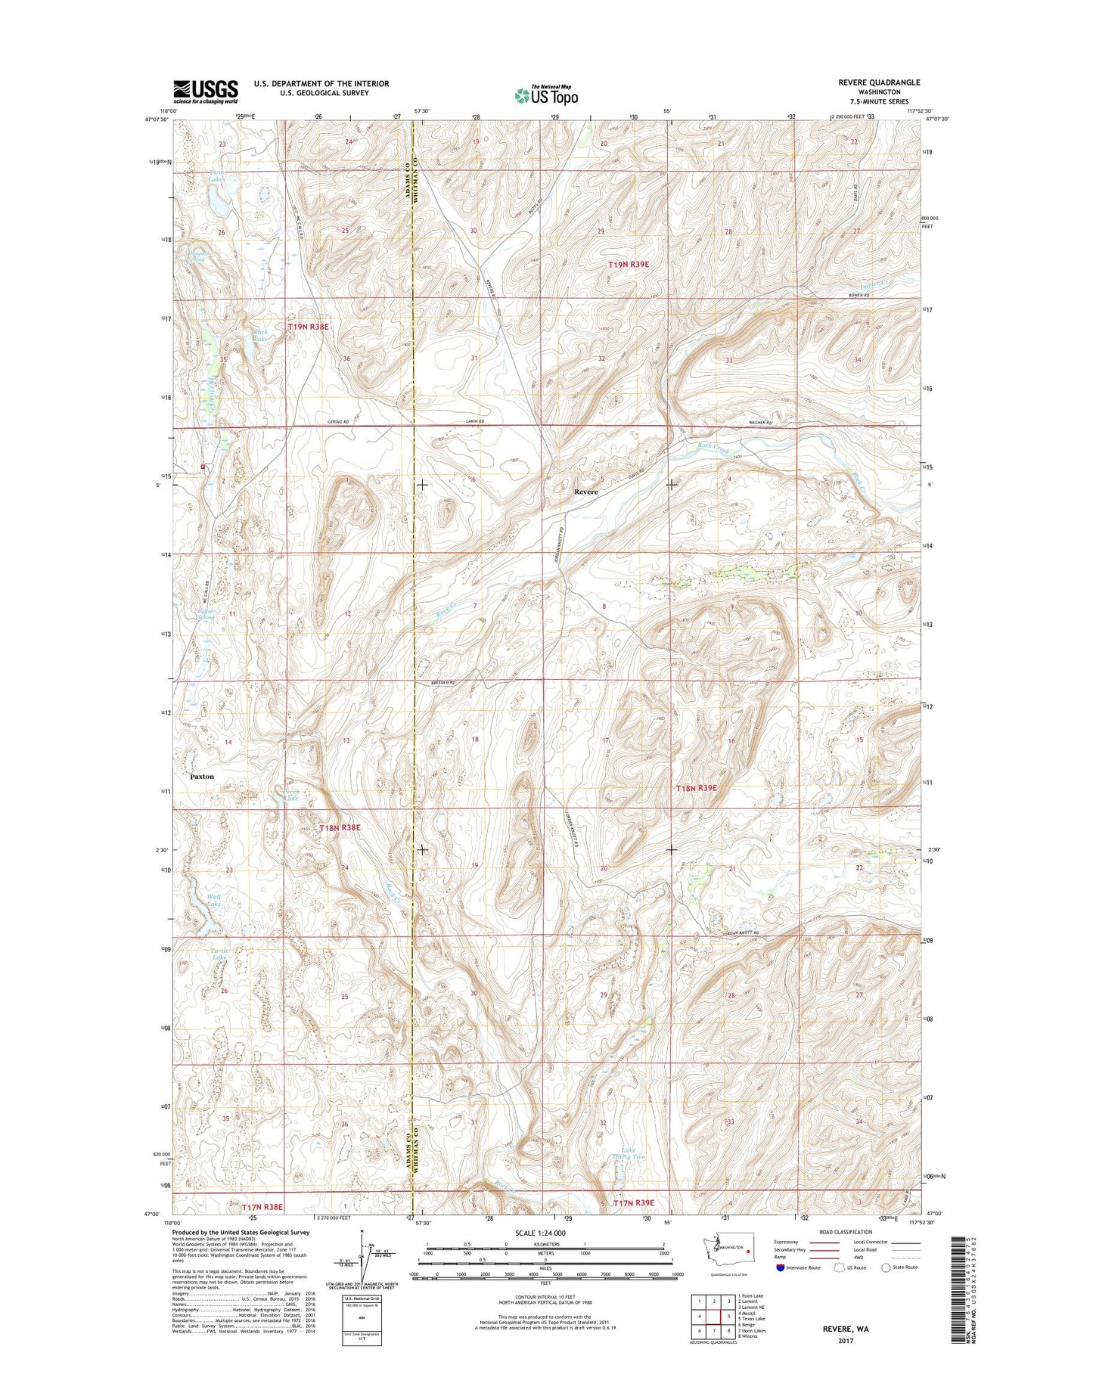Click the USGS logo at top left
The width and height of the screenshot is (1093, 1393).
(x=205, y=92)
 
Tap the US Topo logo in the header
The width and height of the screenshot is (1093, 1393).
(x=546, y=95)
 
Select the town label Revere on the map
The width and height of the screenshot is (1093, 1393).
(x=585, y=492)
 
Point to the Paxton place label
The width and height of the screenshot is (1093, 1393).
(x=202, y=777)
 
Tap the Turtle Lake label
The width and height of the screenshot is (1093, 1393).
(x=219, y=954)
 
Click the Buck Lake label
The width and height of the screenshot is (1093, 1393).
(x=261, y=336)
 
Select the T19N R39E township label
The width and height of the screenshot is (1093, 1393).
(x=629, y=265)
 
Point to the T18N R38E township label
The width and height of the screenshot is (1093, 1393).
(x=340, y=828)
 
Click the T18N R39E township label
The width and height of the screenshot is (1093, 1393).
(x=695, y=788)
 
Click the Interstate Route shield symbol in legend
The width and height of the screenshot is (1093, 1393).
(x=780, y=1267)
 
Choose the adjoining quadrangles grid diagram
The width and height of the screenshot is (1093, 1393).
(x=713, y=1318)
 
